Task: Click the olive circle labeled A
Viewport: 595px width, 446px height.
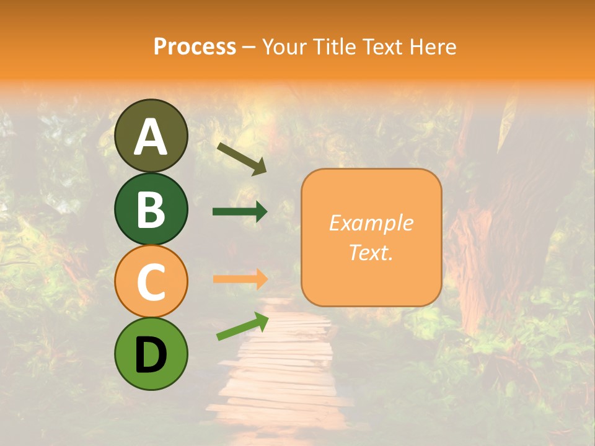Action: point(151,136)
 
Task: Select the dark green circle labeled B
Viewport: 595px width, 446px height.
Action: point(151,209)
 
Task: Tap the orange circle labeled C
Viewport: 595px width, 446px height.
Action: point(151,281)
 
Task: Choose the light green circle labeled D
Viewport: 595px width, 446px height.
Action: point(151,354)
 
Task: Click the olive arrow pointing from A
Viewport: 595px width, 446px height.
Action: point(241,159)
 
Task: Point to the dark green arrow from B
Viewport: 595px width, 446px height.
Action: point(240,211)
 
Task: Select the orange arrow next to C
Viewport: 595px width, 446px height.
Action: point(240,279)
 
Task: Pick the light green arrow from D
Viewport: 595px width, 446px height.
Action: point(242,326)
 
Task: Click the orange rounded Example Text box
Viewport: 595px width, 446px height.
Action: point(371,237)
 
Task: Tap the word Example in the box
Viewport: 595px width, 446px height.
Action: point(371,224)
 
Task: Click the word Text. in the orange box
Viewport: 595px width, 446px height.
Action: point(371,252)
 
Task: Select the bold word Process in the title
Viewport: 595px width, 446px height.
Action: point(195,46)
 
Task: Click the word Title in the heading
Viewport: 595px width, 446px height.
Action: point(335,46)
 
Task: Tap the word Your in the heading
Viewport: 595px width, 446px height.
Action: point(284,46)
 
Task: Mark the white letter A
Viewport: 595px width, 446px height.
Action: point(151,136)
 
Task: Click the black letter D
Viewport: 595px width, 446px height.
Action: point(151,355)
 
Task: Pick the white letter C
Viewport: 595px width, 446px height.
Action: point(151,282)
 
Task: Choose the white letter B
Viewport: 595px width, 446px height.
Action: point(151,209)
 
